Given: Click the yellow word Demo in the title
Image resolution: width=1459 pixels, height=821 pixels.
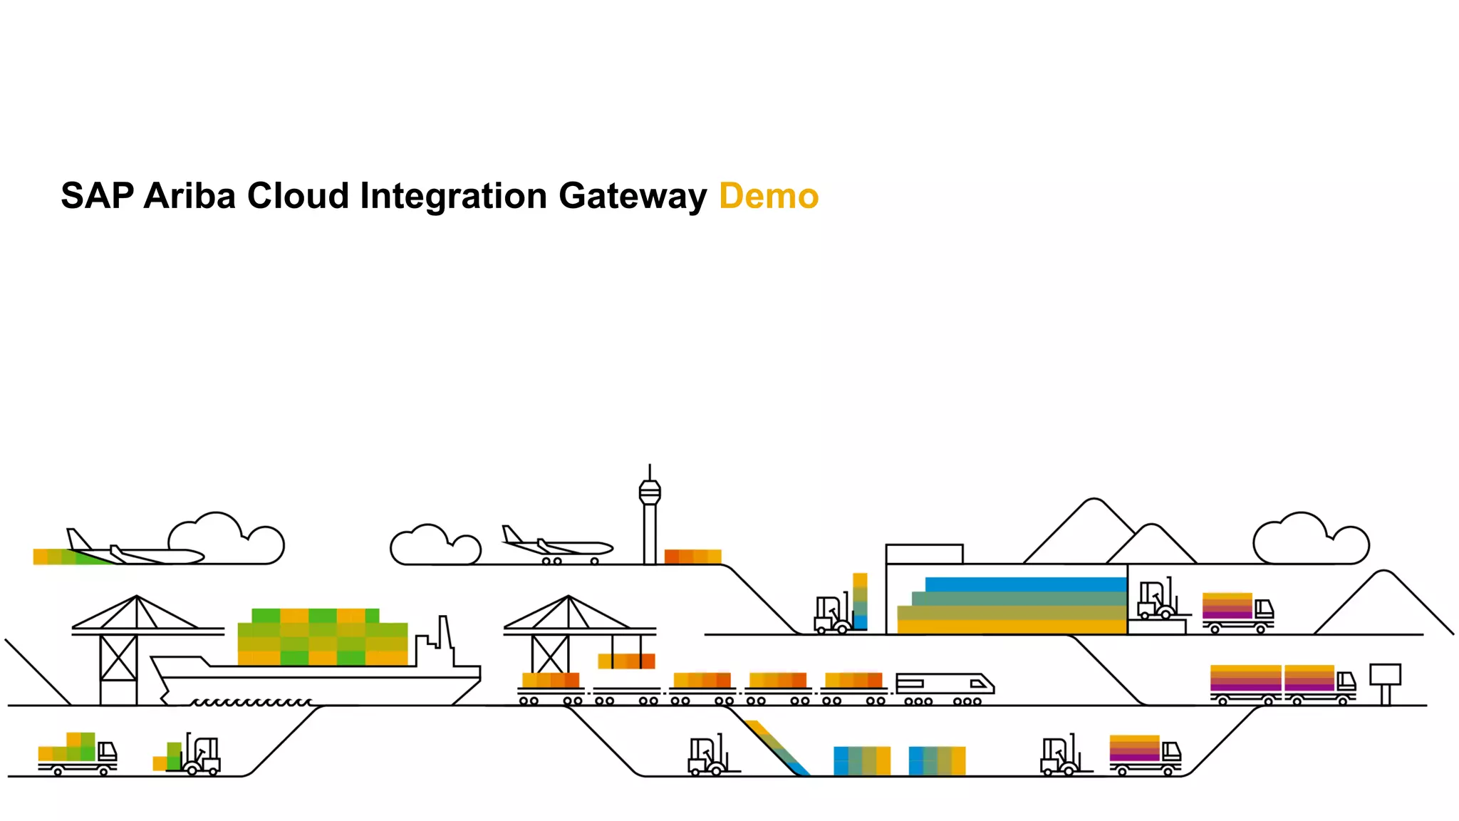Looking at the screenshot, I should click(769, 196).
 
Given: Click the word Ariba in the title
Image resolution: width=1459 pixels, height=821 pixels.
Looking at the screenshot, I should click(189, 196).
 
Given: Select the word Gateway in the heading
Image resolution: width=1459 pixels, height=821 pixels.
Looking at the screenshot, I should click(632, 196).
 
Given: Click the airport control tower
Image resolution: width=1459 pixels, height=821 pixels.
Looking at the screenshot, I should click(649, 517).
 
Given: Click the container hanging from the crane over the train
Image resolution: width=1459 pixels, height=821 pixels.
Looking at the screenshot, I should click(626, 661).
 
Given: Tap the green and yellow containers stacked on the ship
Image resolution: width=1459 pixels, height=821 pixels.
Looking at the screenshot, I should click(322, 637).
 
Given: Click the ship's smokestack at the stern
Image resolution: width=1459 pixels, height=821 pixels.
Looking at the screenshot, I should click(445, 633).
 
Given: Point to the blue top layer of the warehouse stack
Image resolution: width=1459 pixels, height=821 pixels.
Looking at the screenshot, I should click(1025, 584).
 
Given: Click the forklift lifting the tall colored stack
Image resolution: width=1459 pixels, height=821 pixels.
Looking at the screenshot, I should click(832, 615).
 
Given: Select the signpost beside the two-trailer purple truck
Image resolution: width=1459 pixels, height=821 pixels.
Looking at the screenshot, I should click(1385, 681).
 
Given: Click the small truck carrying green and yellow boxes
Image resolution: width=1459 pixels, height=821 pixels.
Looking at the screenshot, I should click(77, 754).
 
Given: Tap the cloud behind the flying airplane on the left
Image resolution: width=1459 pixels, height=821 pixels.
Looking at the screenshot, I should click(226, 539).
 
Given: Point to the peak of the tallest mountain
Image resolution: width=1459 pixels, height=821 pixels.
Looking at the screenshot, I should click(1093, 500).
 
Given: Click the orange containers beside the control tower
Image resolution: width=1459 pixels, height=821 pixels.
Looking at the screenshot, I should click(692, 556).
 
